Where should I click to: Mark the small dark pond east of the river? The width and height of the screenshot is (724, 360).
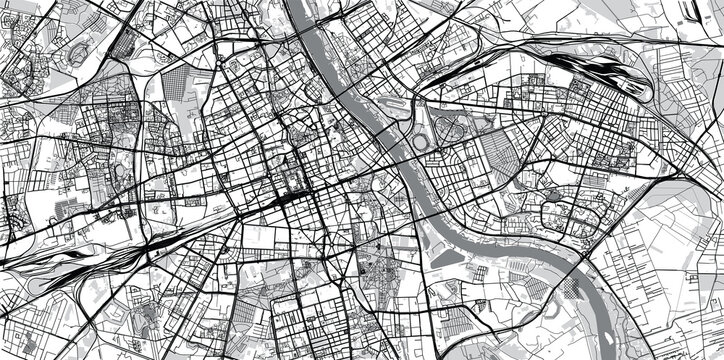(x=553, y=193)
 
